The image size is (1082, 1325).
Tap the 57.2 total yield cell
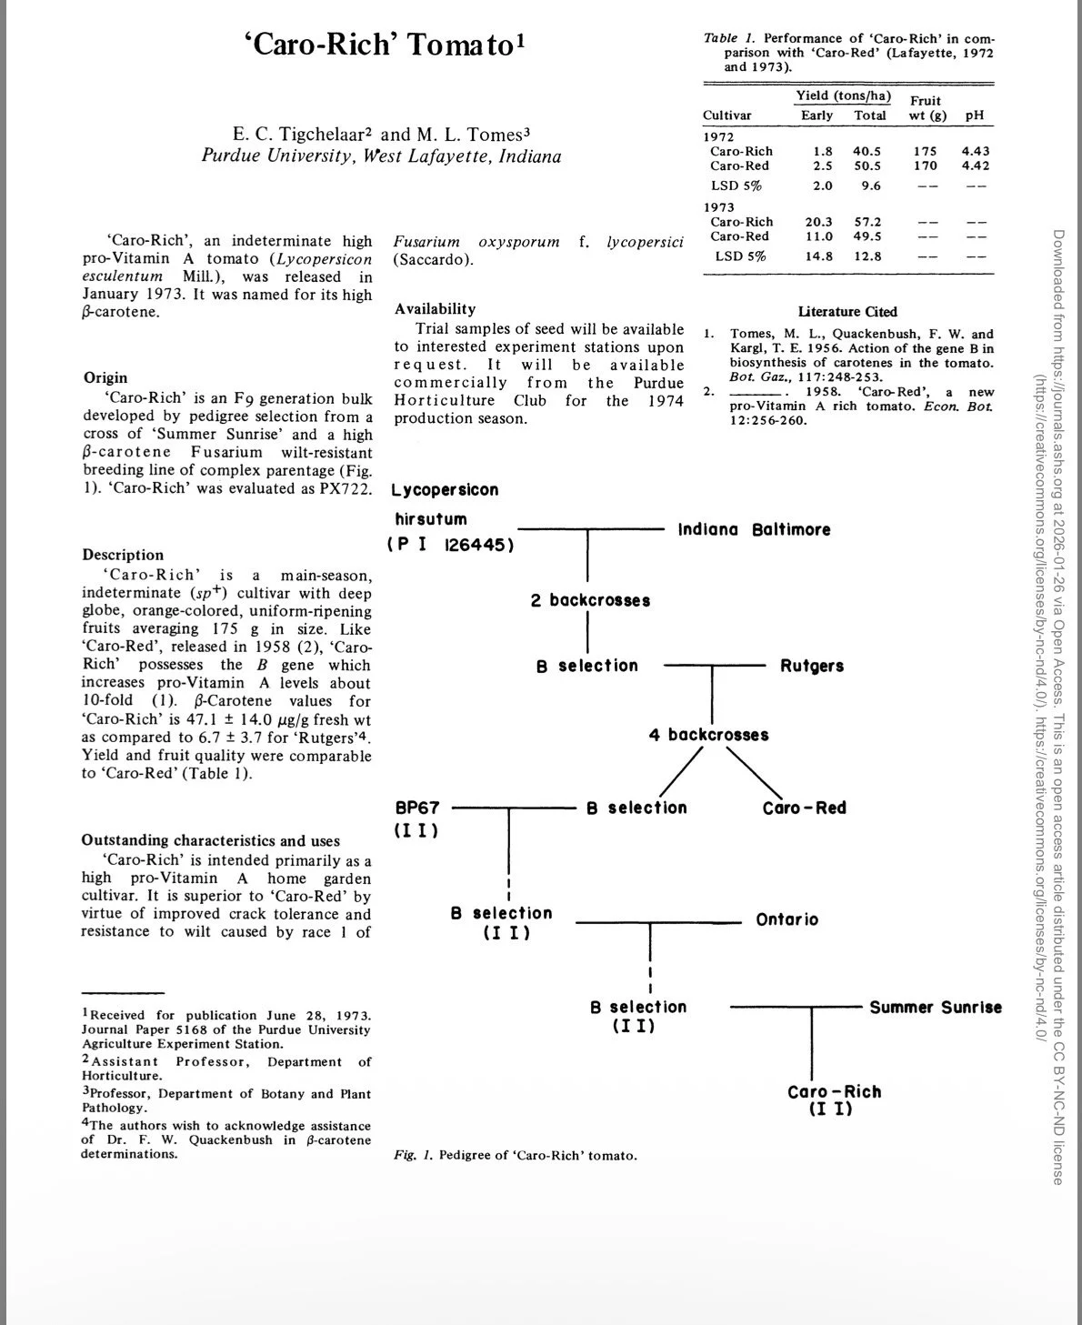[867, 222]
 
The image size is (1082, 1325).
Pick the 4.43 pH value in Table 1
[976, 151]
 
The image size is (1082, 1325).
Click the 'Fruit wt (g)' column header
[926, 107]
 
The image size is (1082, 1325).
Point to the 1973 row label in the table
[719, 207]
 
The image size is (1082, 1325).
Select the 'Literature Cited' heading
[847, 312]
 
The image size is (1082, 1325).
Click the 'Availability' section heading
[435, 309]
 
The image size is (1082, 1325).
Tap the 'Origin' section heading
[105, 377]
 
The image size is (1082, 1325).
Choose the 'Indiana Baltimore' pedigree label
[754, 529]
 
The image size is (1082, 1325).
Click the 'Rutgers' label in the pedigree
[811, 666]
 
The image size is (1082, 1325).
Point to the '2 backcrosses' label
[591, 600]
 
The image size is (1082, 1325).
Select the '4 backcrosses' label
[708, 735]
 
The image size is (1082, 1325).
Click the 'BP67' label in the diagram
[417, 808]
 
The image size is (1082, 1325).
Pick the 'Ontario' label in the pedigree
[786, 919]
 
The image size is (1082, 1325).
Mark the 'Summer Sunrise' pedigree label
[936, 1008]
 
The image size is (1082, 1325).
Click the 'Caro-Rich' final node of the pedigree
[834, 1092]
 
